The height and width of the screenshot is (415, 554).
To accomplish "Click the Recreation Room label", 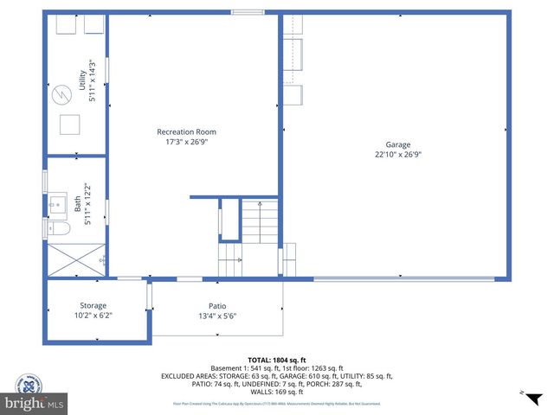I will click(186, 131).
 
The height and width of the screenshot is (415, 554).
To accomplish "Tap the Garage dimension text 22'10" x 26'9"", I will click(397, 155).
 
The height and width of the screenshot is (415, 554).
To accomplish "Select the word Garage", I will click(398, 144).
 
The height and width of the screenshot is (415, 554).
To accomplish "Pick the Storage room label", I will click(93, 305).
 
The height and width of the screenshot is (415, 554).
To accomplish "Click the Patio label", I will click(217, 305).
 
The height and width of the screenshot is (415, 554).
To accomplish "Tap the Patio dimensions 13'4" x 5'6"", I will click(217, 316).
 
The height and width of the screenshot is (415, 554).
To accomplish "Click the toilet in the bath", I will click(58, 228).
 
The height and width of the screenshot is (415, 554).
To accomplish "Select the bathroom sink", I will click(56, 205).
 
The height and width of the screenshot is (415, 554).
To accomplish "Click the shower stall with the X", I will click(75, 259).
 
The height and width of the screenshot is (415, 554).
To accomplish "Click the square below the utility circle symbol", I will click(69, 124).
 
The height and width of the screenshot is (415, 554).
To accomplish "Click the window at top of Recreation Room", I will click(248, 12).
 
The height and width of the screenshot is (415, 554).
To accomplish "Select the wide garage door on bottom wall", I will click(403, 278).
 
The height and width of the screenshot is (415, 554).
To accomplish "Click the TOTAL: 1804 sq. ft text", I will click(276, 359).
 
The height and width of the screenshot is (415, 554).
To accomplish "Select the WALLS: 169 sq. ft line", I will click(276, 393).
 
